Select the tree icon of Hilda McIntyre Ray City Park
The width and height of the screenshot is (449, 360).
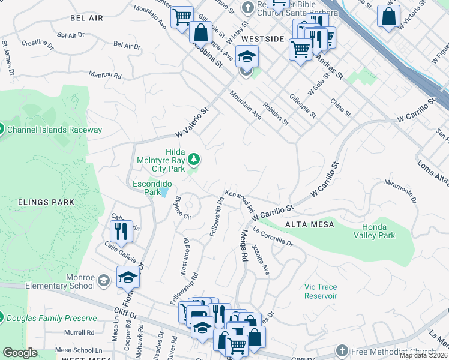(x=193, y=160)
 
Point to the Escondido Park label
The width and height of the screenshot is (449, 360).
(x=152, y=188)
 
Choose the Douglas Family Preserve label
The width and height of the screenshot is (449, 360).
(x=52, y=318)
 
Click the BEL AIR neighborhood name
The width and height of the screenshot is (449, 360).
(x=83, y=19)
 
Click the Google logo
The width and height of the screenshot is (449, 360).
(x=20, y=353)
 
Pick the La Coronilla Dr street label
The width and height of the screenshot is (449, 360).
(x=273, y=236)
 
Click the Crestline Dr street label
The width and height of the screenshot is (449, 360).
(x=37, y=44)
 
